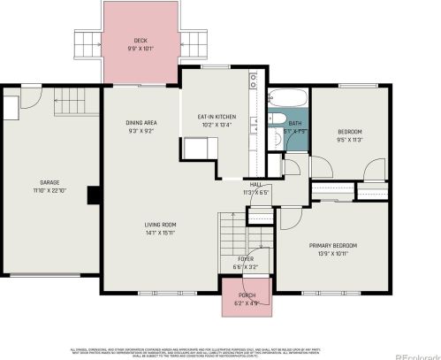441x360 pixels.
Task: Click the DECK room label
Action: [140, 41]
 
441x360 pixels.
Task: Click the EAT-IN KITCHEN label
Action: [217, 117]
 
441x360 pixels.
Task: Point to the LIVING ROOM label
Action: [161, 225]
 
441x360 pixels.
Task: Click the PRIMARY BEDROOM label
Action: [332, 246]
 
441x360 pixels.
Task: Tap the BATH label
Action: [295, 123]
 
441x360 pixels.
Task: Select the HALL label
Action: [255, 184]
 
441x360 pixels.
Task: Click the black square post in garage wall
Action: [93, 195]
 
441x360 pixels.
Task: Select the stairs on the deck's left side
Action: [87, 42]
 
